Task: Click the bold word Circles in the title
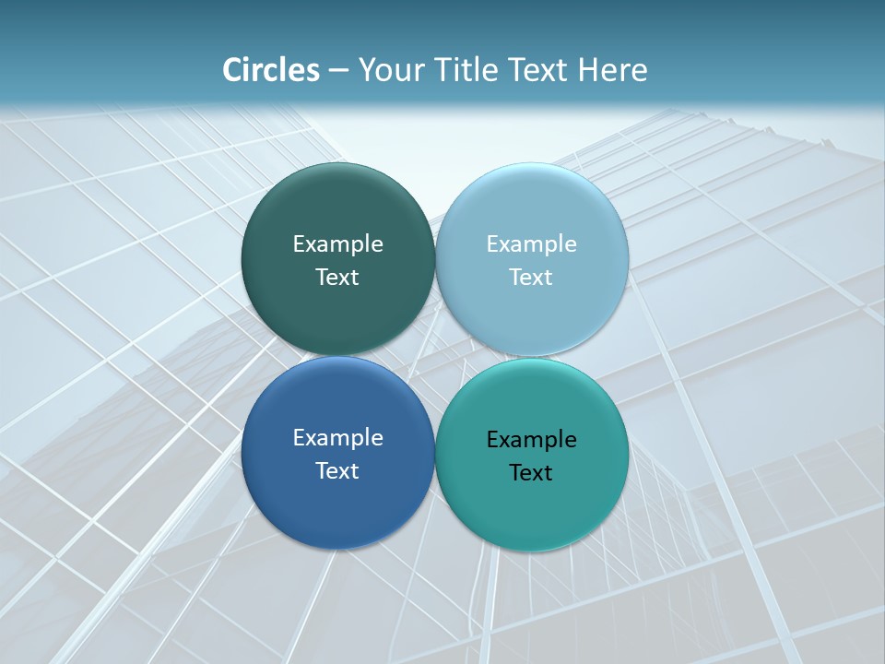pos(270,70)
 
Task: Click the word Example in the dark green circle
pos(337,243)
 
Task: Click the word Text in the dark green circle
pos(337,277)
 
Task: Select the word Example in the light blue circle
pos(531,243)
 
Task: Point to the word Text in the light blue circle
pos(531,277)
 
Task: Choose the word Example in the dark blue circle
pos(337,437)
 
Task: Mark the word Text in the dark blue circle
pos(337,470)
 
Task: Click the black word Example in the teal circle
pos(531,439)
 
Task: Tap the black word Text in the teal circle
pos(531,472)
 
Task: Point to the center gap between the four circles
pos(434,356)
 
